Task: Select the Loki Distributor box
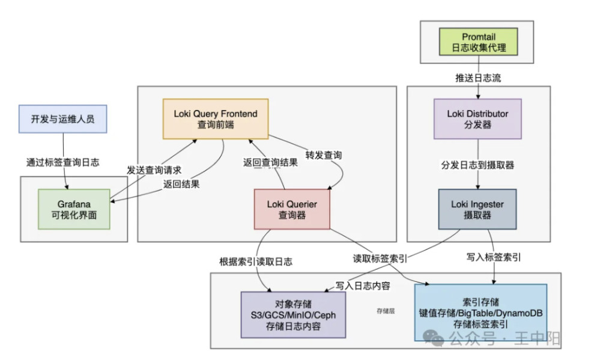(477, 118)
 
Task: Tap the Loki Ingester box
(477, 209)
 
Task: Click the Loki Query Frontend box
(216, 118)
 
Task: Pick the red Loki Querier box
(292, 209)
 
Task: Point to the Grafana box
(74, 209)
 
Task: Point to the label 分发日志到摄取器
(478, 165)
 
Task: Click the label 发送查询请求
(154, 170)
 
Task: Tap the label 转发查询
(324, 155)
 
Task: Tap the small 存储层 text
(385, 311)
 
